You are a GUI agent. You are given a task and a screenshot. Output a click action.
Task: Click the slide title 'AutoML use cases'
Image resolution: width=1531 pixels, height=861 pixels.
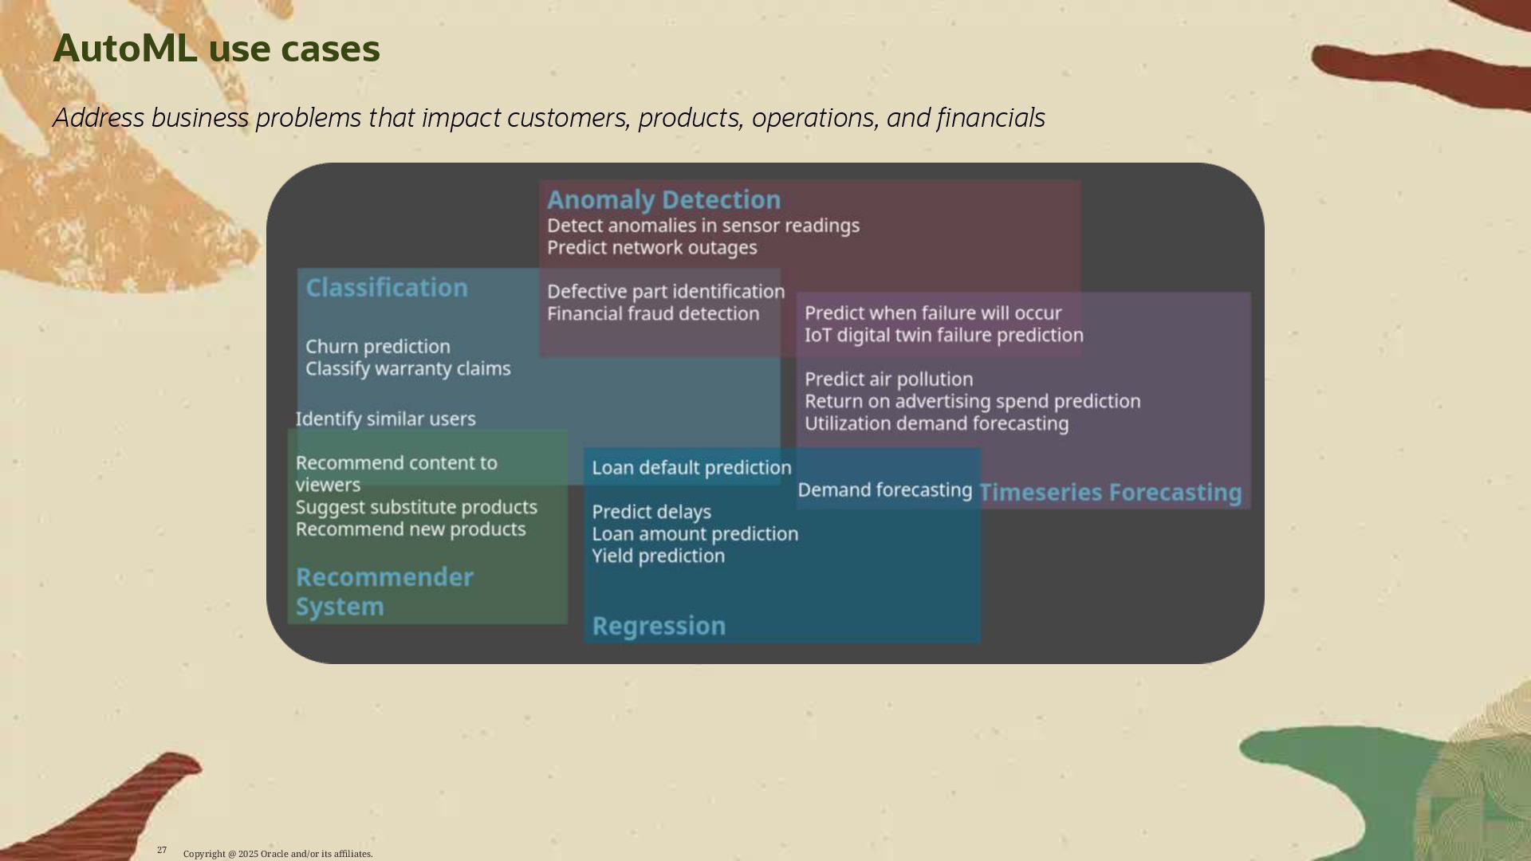(216, 49)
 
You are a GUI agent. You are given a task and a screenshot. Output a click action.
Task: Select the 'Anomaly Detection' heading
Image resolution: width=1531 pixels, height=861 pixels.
(663, 199)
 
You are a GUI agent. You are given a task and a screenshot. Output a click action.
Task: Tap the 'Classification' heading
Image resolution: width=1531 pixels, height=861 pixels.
(387, 288)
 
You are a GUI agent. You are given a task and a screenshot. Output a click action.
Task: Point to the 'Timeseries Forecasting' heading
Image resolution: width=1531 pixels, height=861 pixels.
(1110, 493)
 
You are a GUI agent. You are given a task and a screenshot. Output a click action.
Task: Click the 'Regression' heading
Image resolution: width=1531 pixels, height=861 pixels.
(659, 626)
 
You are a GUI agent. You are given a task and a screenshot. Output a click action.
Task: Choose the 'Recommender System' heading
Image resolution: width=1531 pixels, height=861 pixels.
(384, 592)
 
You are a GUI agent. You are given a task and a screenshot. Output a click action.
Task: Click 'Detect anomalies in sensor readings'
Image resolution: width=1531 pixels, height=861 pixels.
(703, 226)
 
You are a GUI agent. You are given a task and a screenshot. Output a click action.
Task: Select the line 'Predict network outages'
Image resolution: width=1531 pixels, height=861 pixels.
(651, 248)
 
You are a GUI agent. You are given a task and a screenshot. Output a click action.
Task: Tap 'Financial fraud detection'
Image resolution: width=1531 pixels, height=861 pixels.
(652, 314)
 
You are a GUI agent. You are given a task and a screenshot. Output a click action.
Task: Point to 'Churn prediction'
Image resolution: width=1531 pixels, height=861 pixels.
(377, 347)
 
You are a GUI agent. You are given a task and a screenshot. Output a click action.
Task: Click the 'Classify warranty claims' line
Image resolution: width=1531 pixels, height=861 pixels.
(407, 369)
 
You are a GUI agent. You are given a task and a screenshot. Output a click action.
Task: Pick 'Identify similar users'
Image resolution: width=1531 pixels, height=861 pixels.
(385, 419)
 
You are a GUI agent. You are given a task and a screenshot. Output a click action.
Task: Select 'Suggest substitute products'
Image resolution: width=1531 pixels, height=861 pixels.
(415, 508)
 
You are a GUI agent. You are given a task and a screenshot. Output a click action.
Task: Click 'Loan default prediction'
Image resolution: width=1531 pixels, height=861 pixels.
(691, 468)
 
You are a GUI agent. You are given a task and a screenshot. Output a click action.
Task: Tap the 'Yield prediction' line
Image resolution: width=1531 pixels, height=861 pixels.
(658, 556)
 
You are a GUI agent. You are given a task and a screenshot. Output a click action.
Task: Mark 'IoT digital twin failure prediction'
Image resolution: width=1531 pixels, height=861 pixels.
(943, 336)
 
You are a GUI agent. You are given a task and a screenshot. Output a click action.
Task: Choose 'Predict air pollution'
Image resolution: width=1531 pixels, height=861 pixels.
(888, 379)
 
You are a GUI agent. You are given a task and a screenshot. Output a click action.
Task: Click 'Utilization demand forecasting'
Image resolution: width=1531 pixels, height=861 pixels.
(936, 424)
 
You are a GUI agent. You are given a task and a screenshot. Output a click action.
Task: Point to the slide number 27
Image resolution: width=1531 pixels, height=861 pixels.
(162, 850)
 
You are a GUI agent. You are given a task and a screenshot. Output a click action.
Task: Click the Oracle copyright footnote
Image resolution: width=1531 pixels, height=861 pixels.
(277, 854)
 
